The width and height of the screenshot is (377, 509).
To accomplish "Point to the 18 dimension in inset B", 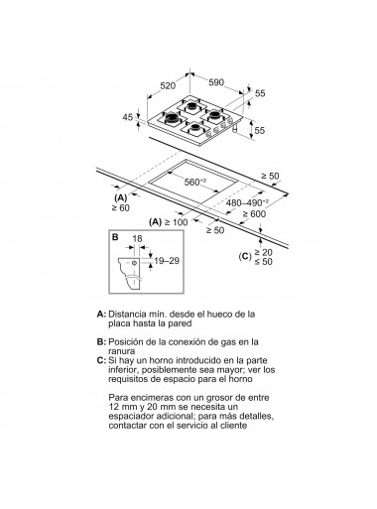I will pyautogui.click(x=137, y=239).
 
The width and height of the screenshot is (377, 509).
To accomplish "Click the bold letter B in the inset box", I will pyautogui.click(x=116, y=238).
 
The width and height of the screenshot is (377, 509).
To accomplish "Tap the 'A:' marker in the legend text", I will pyautogui.click(x=102, y=313).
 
